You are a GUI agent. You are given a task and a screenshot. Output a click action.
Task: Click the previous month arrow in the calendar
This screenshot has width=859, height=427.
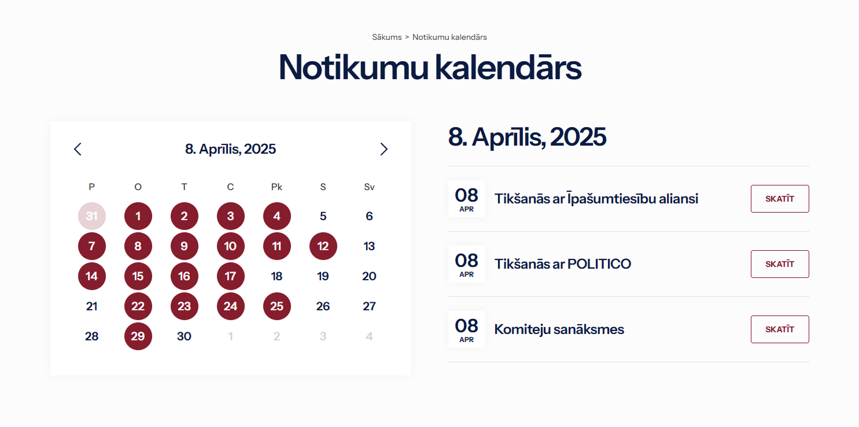click(x=78, y=149)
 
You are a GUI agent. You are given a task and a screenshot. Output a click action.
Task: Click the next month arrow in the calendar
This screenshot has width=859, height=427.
click(x=384, y=149)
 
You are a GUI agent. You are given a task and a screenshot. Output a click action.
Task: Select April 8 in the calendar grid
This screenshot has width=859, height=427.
click(x=138, y=246)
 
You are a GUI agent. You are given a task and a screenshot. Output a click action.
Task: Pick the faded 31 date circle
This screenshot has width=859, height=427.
click(x=91, y=216)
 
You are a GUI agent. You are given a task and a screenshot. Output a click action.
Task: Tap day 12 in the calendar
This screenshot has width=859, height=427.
click(x=323, y=246)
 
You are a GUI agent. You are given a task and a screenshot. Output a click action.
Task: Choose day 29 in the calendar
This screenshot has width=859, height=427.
click(x=138, y=336)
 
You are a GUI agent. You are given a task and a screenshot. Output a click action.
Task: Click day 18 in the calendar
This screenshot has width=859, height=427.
click(x=276, y=276)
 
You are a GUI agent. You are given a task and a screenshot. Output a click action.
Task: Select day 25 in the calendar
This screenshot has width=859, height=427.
click(x=276, y=306)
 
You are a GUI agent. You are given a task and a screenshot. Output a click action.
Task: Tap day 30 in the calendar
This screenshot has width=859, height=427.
click(x=184, y=336)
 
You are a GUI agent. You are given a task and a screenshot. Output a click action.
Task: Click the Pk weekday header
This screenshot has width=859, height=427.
click(x=276, y=187)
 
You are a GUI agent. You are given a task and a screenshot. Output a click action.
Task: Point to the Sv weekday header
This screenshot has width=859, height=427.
click(x=369, y=187)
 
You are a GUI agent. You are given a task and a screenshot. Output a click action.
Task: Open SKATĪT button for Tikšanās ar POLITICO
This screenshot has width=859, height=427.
click(x=780, y=264)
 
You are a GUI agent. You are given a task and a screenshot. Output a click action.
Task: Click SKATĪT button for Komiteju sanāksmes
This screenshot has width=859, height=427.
click(x=780, y=329)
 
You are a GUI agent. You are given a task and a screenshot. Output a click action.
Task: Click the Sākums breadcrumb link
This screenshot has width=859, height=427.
click(x=386, y=37)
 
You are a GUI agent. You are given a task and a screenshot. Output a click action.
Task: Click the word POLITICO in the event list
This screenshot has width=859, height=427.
click(x=599, y=264)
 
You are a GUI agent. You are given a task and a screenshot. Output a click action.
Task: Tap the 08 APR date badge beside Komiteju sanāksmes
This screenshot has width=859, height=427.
click(x=466, y=329)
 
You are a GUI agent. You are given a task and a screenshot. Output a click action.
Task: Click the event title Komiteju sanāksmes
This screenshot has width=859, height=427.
click(x=559, y=329)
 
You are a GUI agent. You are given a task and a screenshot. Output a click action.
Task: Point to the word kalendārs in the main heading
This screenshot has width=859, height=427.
click(x=508, y=68)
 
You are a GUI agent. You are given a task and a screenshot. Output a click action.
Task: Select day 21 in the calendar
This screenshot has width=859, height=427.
click(x=91, y=306)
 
